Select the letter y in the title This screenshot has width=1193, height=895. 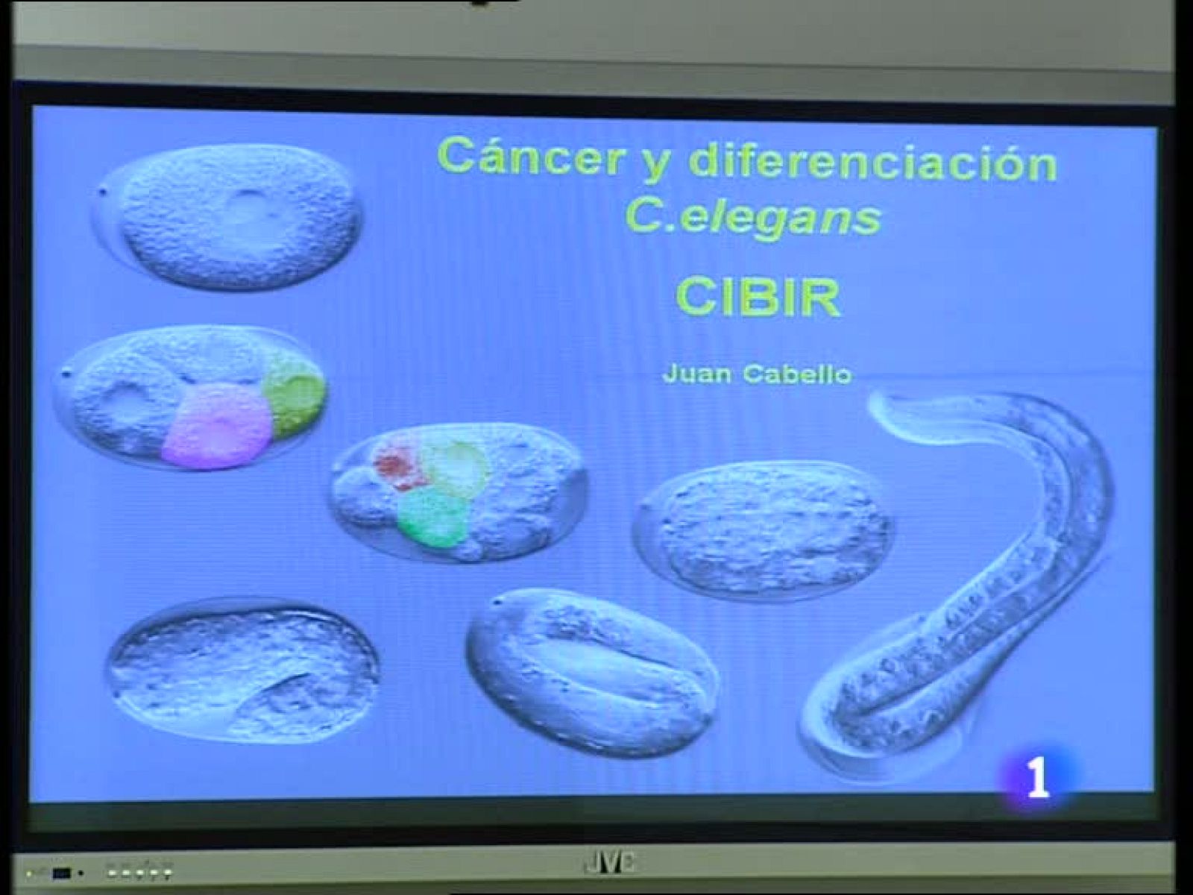656,163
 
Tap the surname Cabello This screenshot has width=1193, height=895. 796,373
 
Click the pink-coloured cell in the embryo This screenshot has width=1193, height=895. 216,427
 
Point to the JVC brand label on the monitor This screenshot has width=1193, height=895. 608,864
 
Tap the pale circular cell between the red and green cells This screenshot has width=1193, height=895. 456,467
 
